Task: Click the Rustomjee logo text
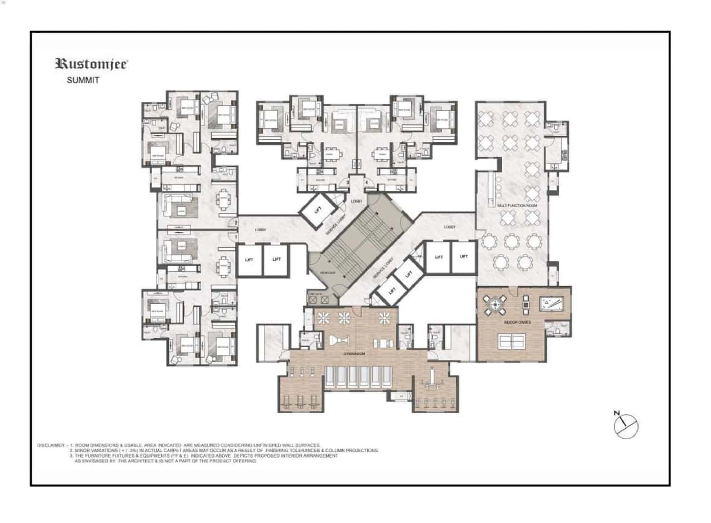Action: (91, 64)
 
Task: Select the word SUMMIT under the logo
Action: (83, 80)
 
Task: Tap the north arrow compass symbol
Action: (625, 425)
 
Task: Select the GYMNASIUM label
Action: (353, 353)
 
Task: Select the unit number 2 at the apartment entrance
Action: (236, 224)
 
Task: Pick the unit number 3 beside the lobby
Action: (348, 182)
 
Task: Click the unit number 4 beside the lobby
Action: (366, 182)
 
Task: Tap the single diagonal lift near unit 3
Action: (318, 210)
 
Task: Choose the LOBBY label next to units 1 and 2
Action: (261, 230)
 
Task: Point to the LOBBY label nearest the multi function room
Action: (450, 227)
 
